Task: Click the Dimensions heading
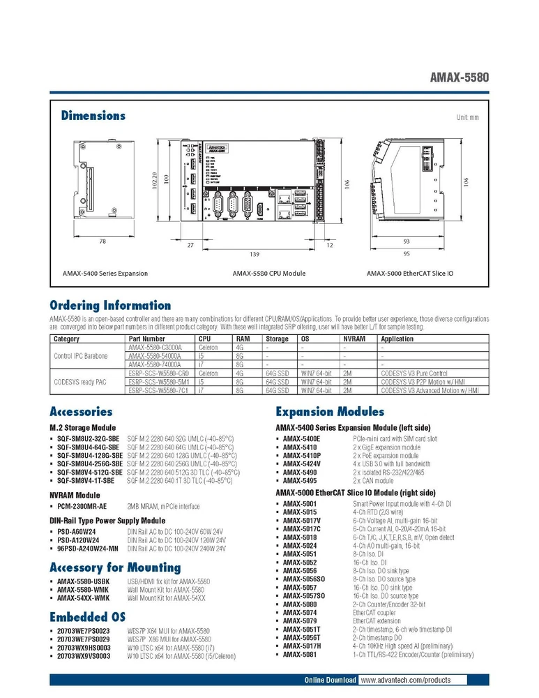tap(93, 116)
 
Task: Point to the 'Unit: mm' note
tap(467, 118)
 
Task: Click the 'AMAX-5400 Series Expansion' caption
tap(105, 274)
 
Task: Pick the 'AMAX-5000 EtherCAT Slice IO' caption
tap(410, 274)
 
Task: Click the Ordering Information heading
tap(110, 305)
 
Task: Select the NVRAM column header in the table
tap(351, 339)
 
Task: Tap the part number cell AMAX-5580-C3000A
tap(155, 347)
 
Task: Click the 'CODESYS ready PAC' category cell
tap(81, 382)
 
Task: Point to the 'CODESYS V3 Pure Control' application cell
tap(414, 373)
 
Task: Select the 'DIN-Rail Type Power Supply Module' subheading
tap(107, 521)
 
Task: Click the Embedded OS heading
tap(88, 616)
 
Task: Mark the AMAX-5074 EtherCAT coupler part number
tap(300, 612)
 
